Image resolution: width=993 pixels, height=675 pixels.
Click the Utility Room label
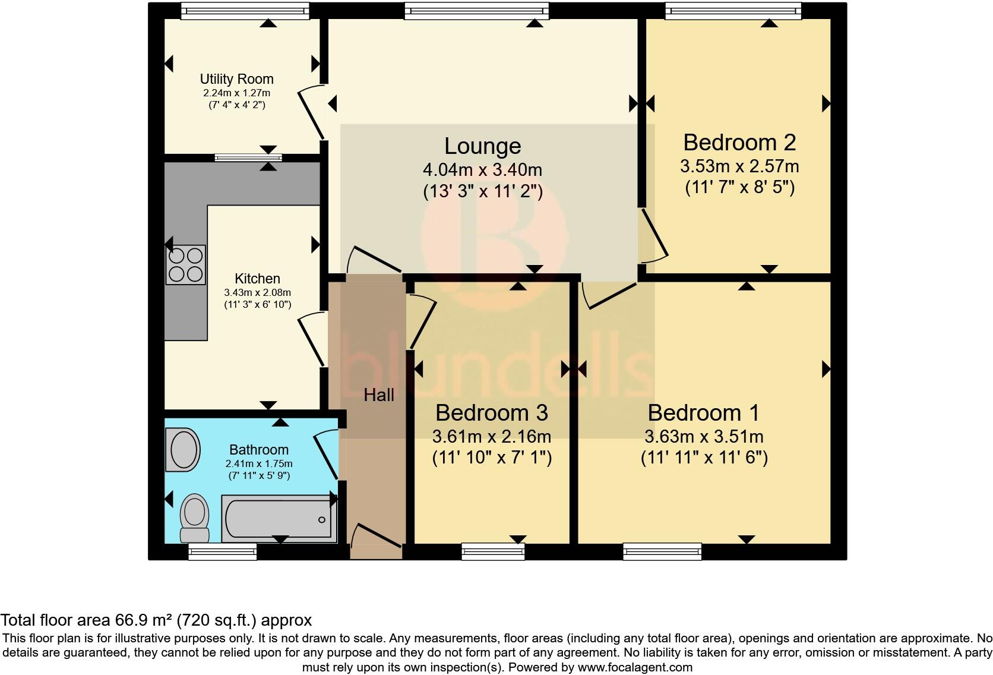pos(236,79)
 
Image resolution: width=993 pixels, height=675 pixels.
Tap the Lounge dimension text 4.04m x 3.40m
pos(482,170)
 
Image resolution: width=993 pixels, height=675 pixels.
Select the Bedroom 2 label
pos(739,143)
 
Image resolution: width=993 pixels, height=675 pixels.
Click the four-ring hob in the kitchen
pos(185,264)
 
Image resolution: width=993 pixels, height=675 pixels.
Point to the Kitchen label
pos(257,278)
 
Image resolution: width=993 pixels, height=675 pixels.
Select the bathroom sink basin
pos(184,449)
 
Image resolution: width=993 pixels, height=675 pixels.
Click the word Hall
pos(379,395)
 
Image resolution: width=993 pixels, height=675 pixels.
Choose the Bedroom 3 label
pos(491,412)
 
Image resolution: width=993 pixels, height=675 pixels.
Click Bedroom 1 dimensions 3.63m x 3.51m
pos(704,437)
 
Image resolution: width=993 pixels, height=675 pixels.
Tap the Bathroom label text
pos(259,450)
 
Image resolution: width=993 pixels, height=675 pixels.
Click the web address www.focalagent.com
pos(635,667)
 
